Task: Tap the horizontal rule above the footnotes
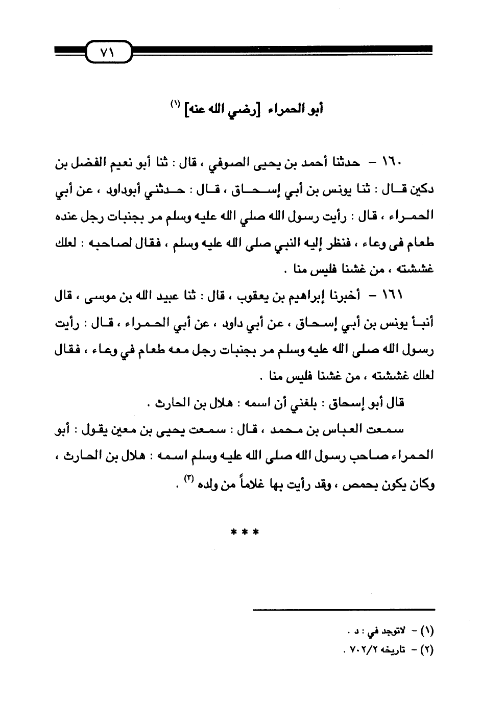(x=344, y=610)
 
